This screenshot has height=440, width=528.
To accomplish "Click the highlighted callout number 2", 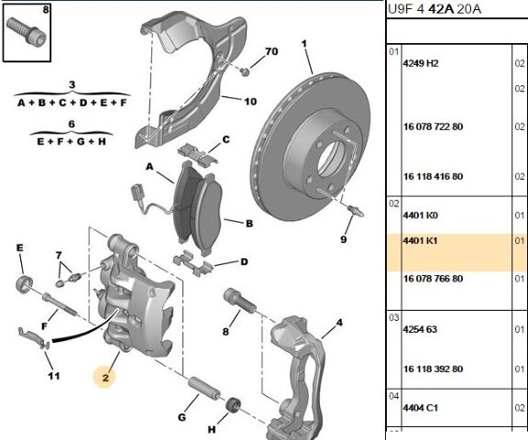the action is pyautogui.click(x=105, y=378).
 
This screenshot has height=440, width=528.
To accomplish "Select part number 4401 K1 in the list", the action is pyautogui.click(x=420, y=241).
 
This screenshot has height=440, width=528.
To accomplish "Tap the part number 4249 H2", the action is pyautogui.click(x=421, y=63).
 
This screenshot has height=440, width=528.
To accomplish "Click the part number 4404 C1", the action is pyautogui.click(x=421, y=408).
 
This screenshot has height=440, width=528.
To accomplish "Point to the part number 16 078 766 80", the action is pyautogui.click(x=433, y=279).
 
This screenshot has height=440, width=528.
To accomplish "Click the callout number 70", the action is pyautogui.click(x=271, y=51).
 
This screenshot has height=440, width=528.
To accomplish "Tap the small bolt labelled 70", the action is pyautogui.click(x=245, y=71).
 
